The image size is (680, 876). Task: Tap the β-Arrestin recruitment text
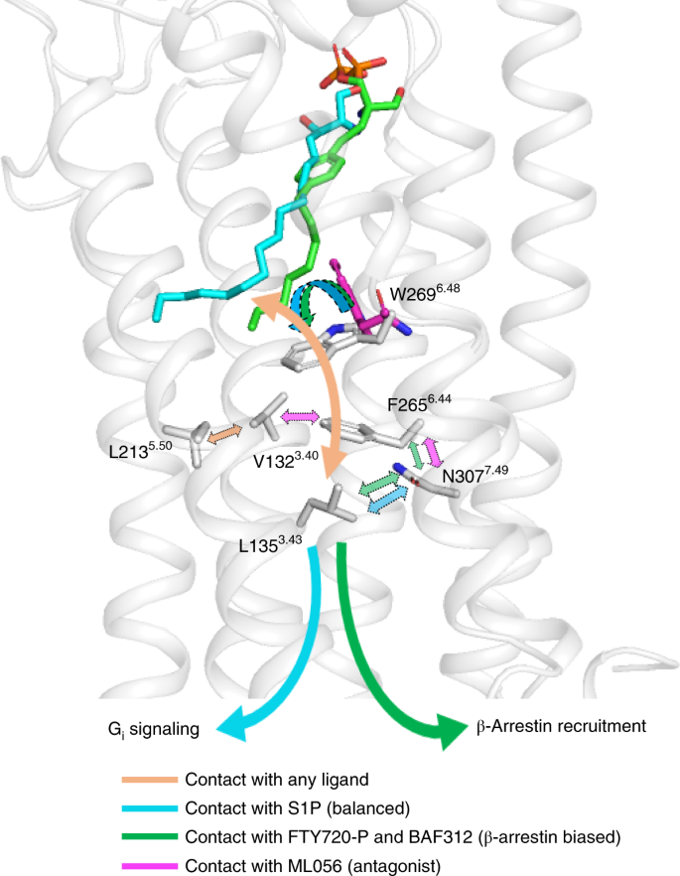[561, 726]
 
